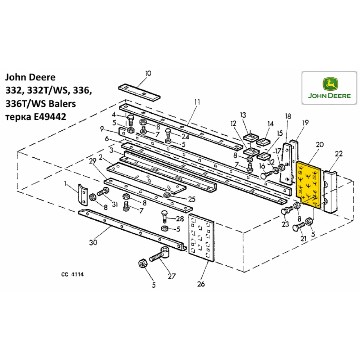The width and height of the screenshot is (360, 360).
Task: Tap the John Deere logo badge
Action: pyautogui.click(x=329, y=89)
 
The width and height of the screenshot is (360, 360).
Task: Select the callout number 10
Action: pyautogui.click(x=148, y=73)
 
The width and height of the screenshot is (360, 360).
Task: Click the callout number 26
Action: pyautogui.click(x=201, y=284)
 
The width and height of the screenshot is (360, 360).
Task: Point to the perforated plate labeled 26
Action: pyautogui.click(x=201, y=236)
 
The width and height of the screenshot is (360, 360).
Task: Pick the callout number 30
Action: pyautogui.click(x=93, y=242)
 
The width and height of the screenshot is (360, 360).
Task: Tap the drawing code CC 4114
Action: pyautogui.click(x=72, y=274)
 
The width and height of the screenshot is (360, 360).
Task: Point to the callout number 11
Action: pyautogui.click(x=197, y=102)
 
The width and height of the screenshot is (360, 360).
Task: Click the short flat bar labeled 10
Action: pyautogui.click(x=139, y=92)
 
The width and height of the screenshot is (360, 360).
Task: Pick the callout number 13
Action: pyautogui.click(x=243, y=115)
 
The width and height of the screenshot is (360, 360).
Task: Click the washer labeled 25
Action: pyautogui.click(x=167, y=195)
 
